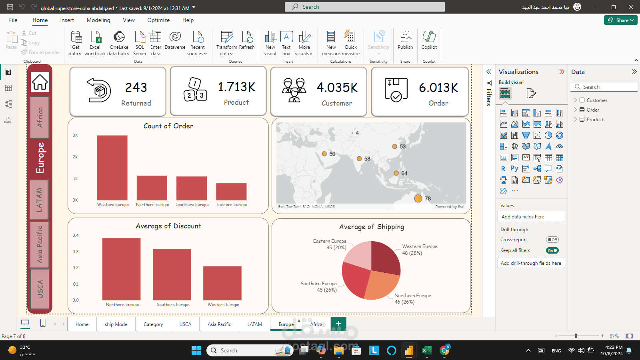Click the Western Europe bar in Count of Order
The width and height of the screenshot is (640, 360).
coord(112,168)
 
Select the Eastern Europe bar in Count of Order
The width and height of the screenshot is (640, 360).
coord(231,192)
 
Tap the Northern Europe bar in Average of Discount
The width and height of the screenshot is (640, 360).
coord(121,269)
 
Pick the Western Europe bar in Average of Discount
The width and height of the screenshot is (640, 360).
coord(222,283)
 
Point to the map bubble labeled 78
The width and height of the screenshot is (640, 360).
coord(418,198)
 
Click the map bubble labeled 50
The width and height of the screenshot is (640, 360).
coord(324,154)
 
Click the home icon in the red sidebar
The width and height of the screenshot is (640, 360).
coord(40,82)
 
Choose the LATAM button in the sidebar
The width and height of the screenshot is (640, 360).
coord(39,200)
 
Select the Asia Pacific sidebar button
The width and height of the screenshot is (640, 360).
coord(39,244)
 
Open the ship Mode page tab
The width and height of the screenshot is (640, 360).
coord(116,324)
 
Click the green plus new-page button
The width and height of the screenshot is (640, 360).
coord(338,324)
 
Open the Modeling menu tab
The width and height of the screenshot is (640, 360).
coord(98,20)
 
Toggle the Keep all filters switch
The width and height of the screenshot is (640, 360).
coord(552,250)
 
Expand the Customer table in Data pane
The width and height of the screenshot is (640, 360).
coord(576,100)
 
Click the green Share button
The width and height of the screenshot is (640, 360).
coord(620,20)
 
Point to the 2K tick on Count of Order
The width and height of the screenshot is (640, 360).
coord(75,157)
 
